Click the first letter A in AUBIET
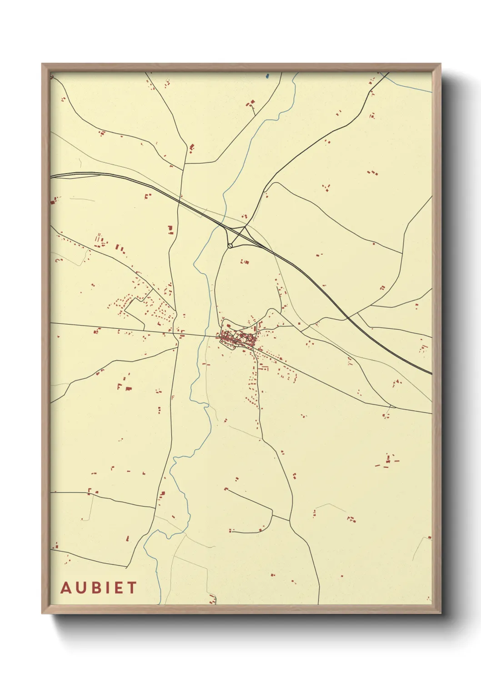click(66, 588)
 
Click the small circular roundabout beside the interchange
click(230, 246)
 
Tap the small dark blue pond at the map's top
click(267, 76)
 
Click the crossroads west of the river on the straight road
click(177, 335)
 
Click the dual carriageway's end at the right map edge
click(431, 373)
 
